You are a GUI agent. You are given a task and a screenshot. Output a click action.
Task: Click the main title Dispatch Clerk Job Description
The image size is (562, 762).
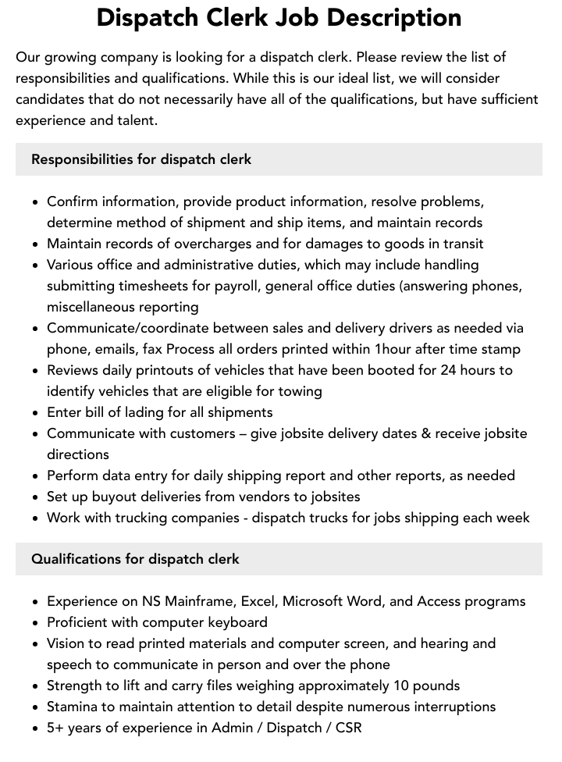coord(279,18)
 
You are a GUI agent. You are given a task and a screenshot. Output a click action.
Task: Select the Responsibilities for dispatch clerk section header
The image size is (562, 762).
coord(141,159)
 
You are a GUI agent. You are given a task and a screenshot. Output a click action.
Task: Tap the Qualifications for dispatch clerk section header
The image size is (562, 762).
coord(135,559)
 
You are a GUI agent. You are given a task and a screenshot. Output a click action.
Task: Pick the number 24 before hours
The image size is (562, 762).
coord(450,370)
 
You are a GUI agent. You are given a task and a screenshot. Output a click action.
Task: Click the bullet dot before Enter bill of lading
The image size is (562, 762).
coord(36,413)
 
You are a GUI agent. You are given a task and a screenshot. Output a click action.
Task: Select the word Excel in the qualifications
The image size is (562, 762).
coord(257,601)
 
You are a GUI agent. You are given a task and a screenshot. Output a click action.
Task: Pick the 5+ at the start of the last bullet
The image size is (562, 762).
coord(55,728)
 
